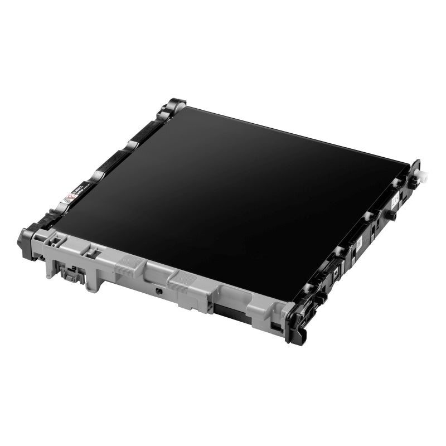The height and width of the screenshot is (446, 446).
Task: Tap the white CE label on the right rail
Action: point(395,197)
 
